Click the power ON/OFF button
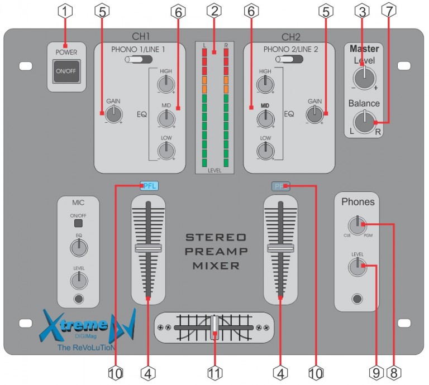[x=65, y=71]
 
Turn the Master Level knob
[x=364, y=78]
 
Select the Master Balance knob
[x=364, y=121]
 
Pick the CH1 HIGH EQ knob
[x=165, y=84]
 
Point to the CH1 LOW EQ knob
[x=165, y=150]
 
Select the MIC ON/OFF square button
[x=78, y=224]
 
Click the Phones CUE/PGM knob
[x=355, y=225]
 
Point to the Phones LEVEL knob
[x=355, y=267]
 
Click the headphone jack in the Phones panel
[x=356, y=300]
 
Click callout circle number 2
[x=214, y=10]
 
